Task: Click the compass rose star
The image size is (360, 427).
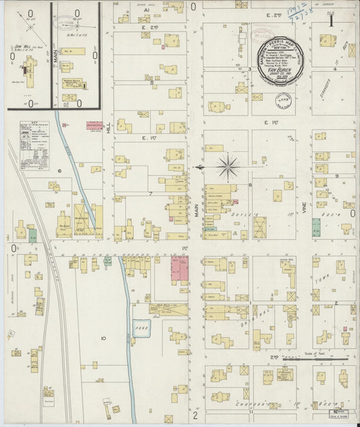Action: pyautogui.click(x=229, y=166)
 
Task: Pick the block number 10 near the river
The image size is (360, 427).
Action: pyautogui.click(x=103, y=337)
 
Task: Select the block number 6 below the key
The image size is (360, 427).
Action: pyautogui.click(x=59, y=171)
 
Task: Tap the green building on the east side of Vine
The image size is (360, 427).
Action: pyautogui.click(x=316, y=226)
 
